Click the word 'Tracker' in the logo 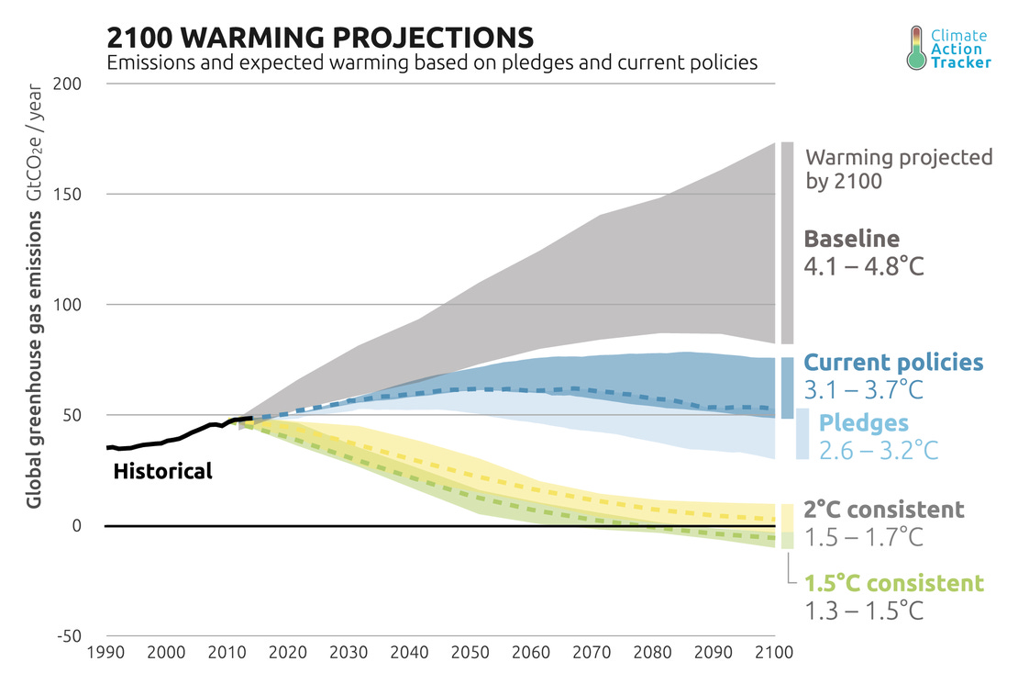[961, 62]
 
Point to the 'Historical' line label [162, 472]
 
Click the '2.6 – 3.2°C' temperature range [879, 451]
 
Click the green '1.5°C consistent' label [894, 583]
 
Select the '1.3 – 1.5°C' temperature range [863, 611]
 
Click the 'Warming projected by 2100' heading [898, 168]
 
